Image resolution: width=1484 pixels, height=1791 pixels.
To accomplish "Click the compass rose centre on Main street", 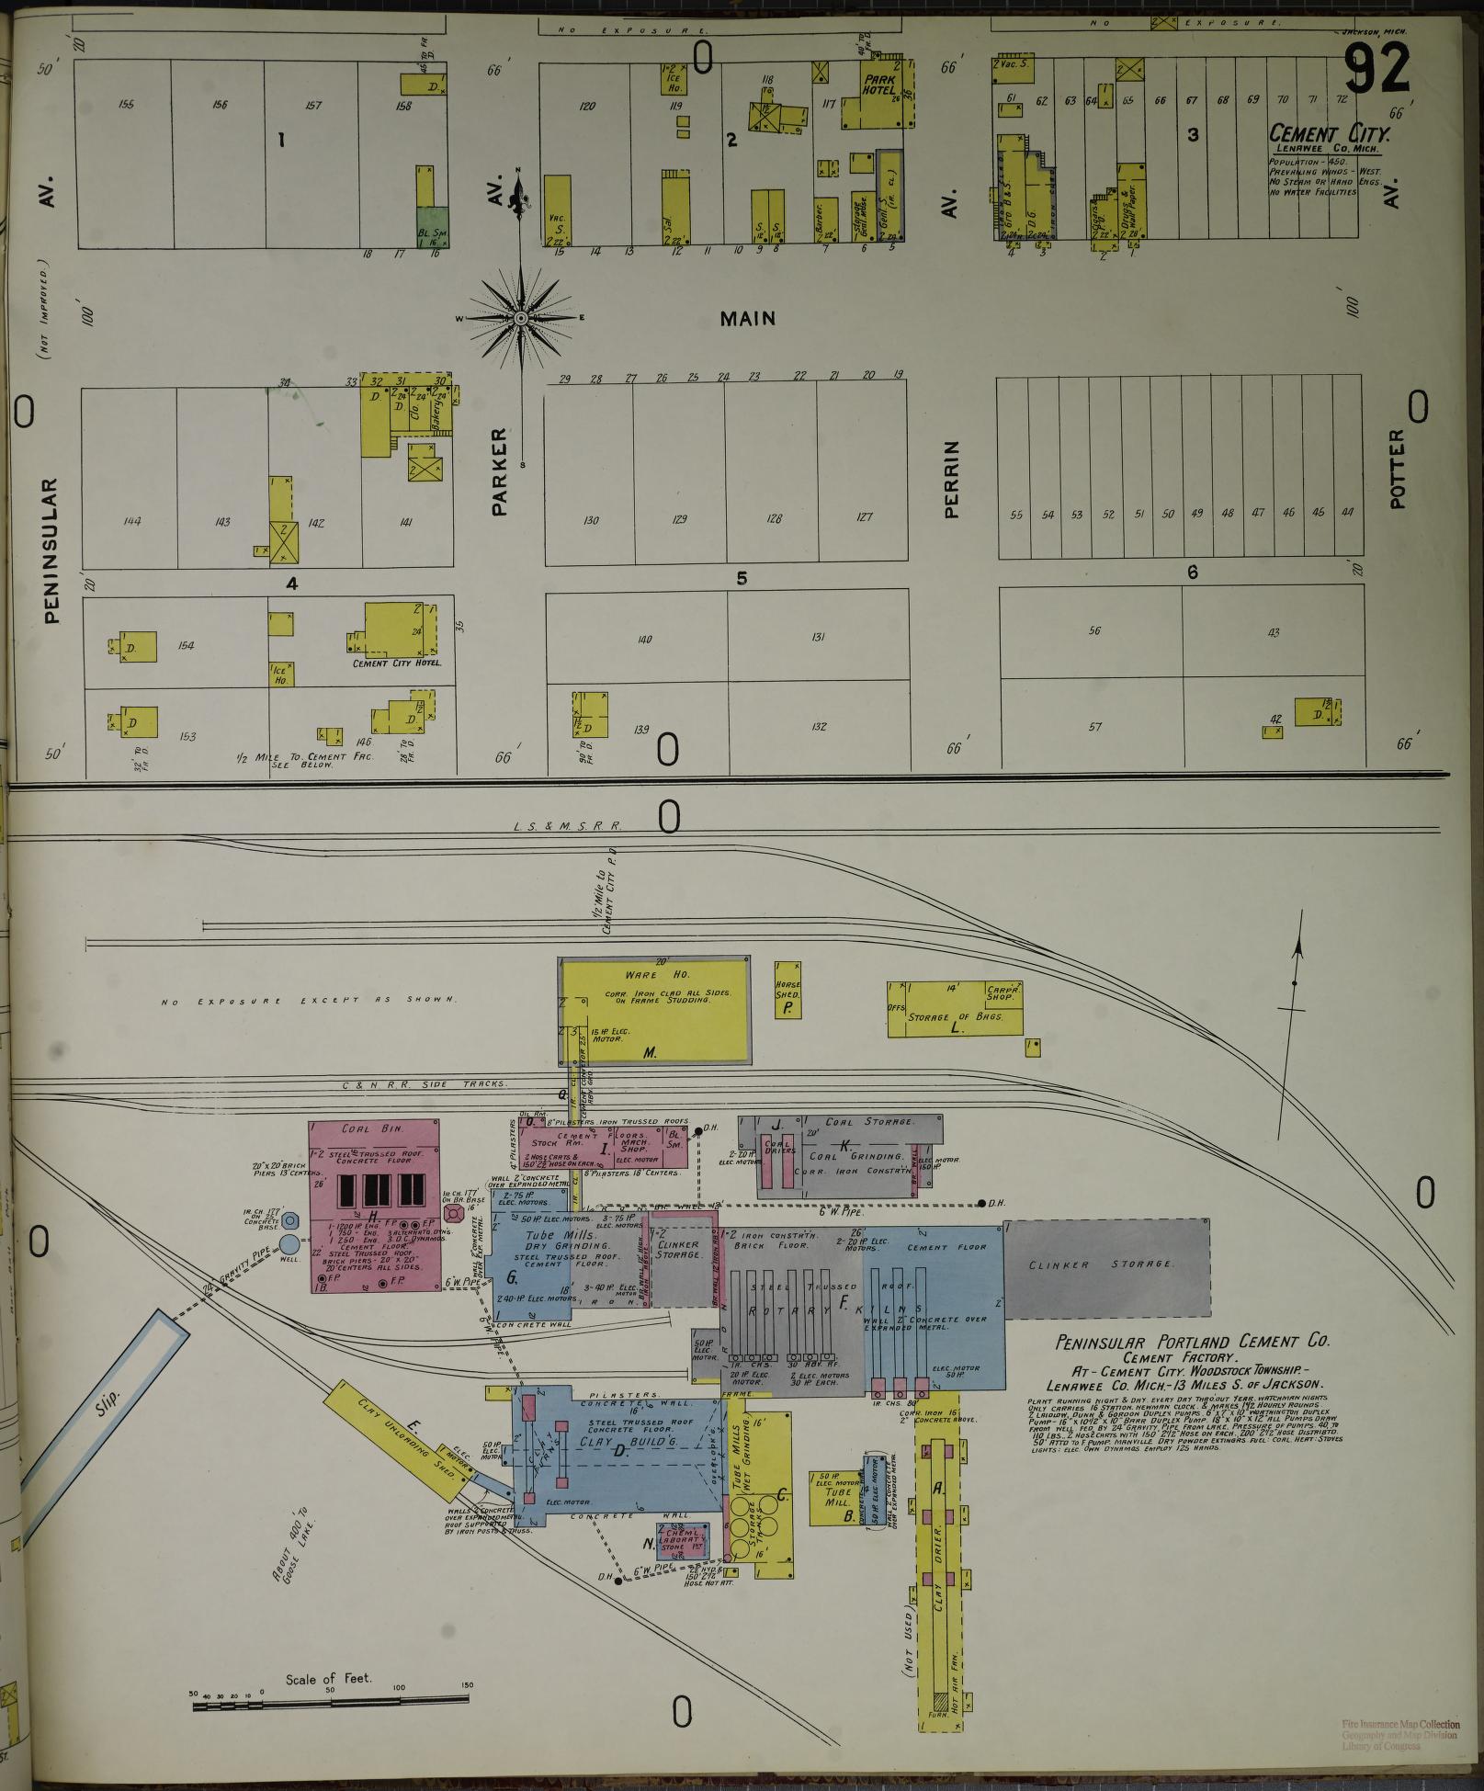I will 520,318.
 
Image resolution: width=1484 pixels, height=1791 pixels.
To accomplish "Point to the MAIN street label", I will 747,319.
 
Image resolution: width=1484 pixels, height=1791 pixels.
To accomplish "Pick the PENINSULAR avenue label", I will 51,550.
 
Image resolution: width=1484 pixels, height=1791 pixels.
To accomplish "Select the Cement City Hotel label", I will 397,663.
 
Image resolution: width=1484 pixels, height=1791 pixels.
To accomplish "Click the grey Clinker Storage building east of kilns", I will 1105,1267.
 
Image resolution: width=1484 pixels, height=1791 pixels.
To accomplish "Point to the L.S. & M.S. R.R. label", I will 568,827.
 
